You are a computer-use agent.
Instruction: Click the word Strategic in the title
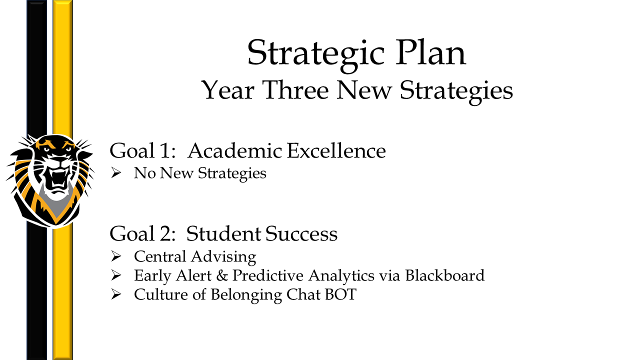tap(315, 55)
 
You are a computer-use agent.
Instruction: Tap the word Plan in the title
tap(431, 52)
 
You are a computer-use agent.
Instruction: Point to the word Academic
tap(235, 150)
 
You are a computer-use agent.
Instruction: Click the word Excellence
tap(336, 150)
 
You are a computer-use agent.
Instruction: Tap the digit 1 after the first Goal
tap(165, 151)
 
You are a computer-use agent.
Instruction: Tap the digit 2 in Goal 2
tap(165, 233)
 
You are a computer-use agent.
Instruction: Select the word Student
tap(223, 233)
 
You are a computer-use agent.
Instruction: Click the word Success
tap(301, 233)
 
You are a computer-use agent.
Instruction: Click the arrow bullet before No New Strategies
tap(116, 173)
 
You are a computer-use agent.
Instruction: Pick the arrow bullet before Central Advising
tap(116, 256)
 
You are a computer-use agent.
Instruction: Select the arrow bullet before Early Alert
tap(116, 275)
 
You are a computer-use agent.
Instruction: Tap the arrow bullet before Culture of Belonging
tap(116, 294)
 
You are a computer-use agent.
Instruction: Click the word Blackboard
tap(445, 275)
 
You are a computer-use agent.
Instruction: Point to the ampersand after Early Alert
tap(222, 275)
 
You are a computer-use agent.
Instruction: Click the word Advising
tap(223, 256)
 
